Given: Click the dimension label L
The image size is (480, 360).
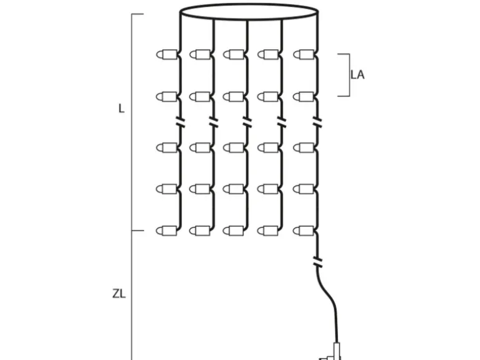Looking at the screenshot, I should point(122,108).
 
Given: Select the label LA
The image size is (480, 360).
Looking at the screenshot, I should point(357,75).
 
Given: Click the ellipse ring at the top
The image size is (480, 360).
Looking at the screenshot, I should point(248,12).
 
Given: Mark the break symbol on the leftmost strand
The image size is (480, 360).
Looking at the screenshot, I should point(180,121).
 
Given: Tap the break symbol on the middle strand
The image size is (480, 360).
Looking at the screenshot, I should point(247,121).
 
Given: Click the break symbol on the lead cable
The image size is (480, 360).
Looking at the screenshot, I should point(319,261).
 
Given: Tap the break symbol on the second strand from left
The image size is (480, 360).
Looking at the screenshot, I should point(214,121).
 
